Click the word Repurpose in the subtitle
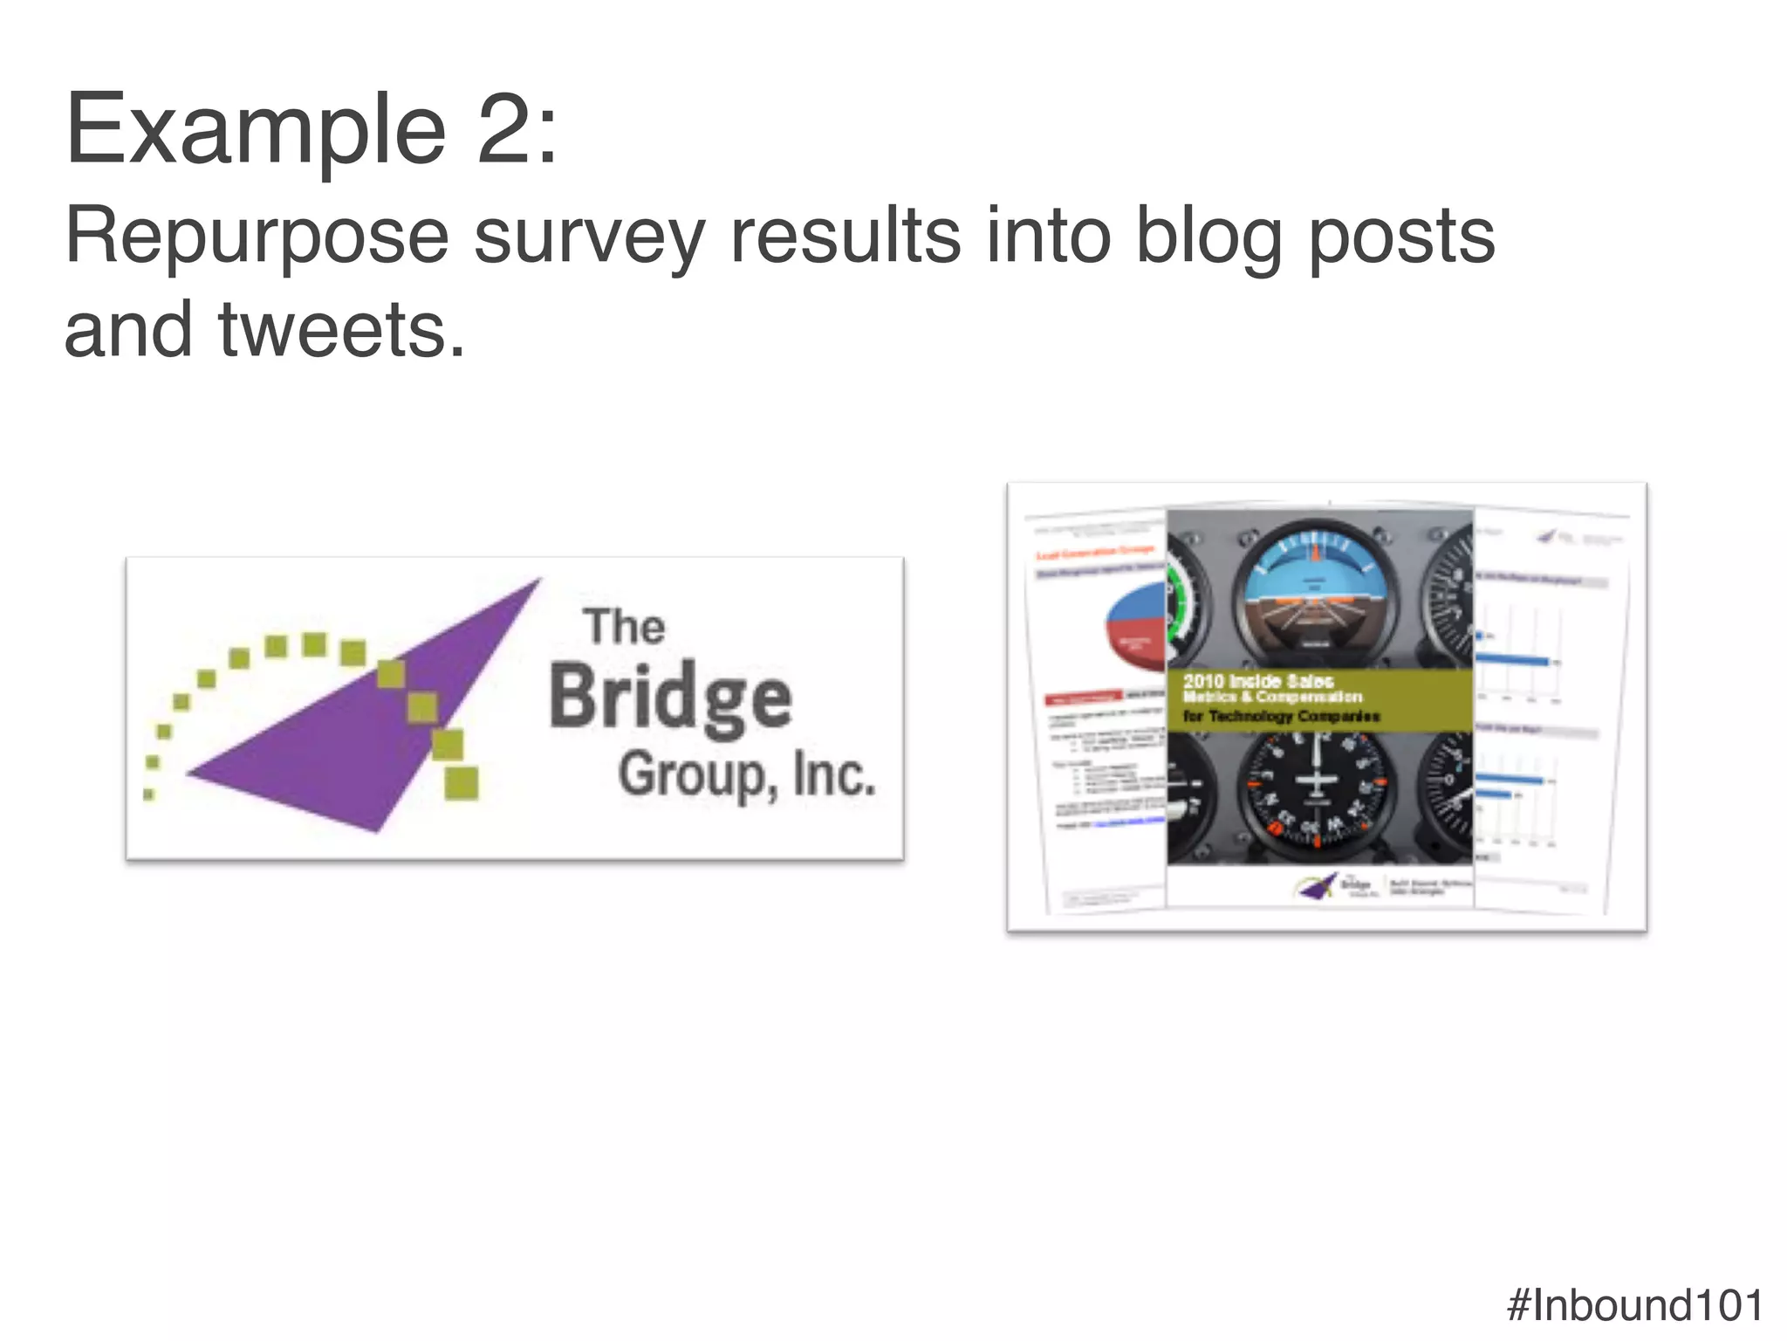pyautogui.click(x=257, y=237)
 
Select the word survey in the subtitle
pyautogui.click(x=589, y=237)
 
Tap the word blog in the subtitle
pyautogui.click(x=1208, y=237)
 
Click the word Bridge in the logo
pyautogui.click(x=670, y=697)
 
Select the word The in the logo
pyautogui.click(x=624, y=627)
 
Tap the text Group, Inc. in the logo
pyautogui.click(x=746, y=775)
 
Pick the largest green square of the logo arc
pyautogui.click(x=461, y=782)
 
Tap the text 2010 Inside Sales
pyautogui.click(x=1258, y=681)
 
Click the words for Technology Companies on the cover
pyautogui.click(x=1281, y=717)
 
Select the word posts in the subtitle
pyautogui.click(x=1402, y=237)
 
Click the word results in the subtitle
pyautogui.click(x=845, y=237)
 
